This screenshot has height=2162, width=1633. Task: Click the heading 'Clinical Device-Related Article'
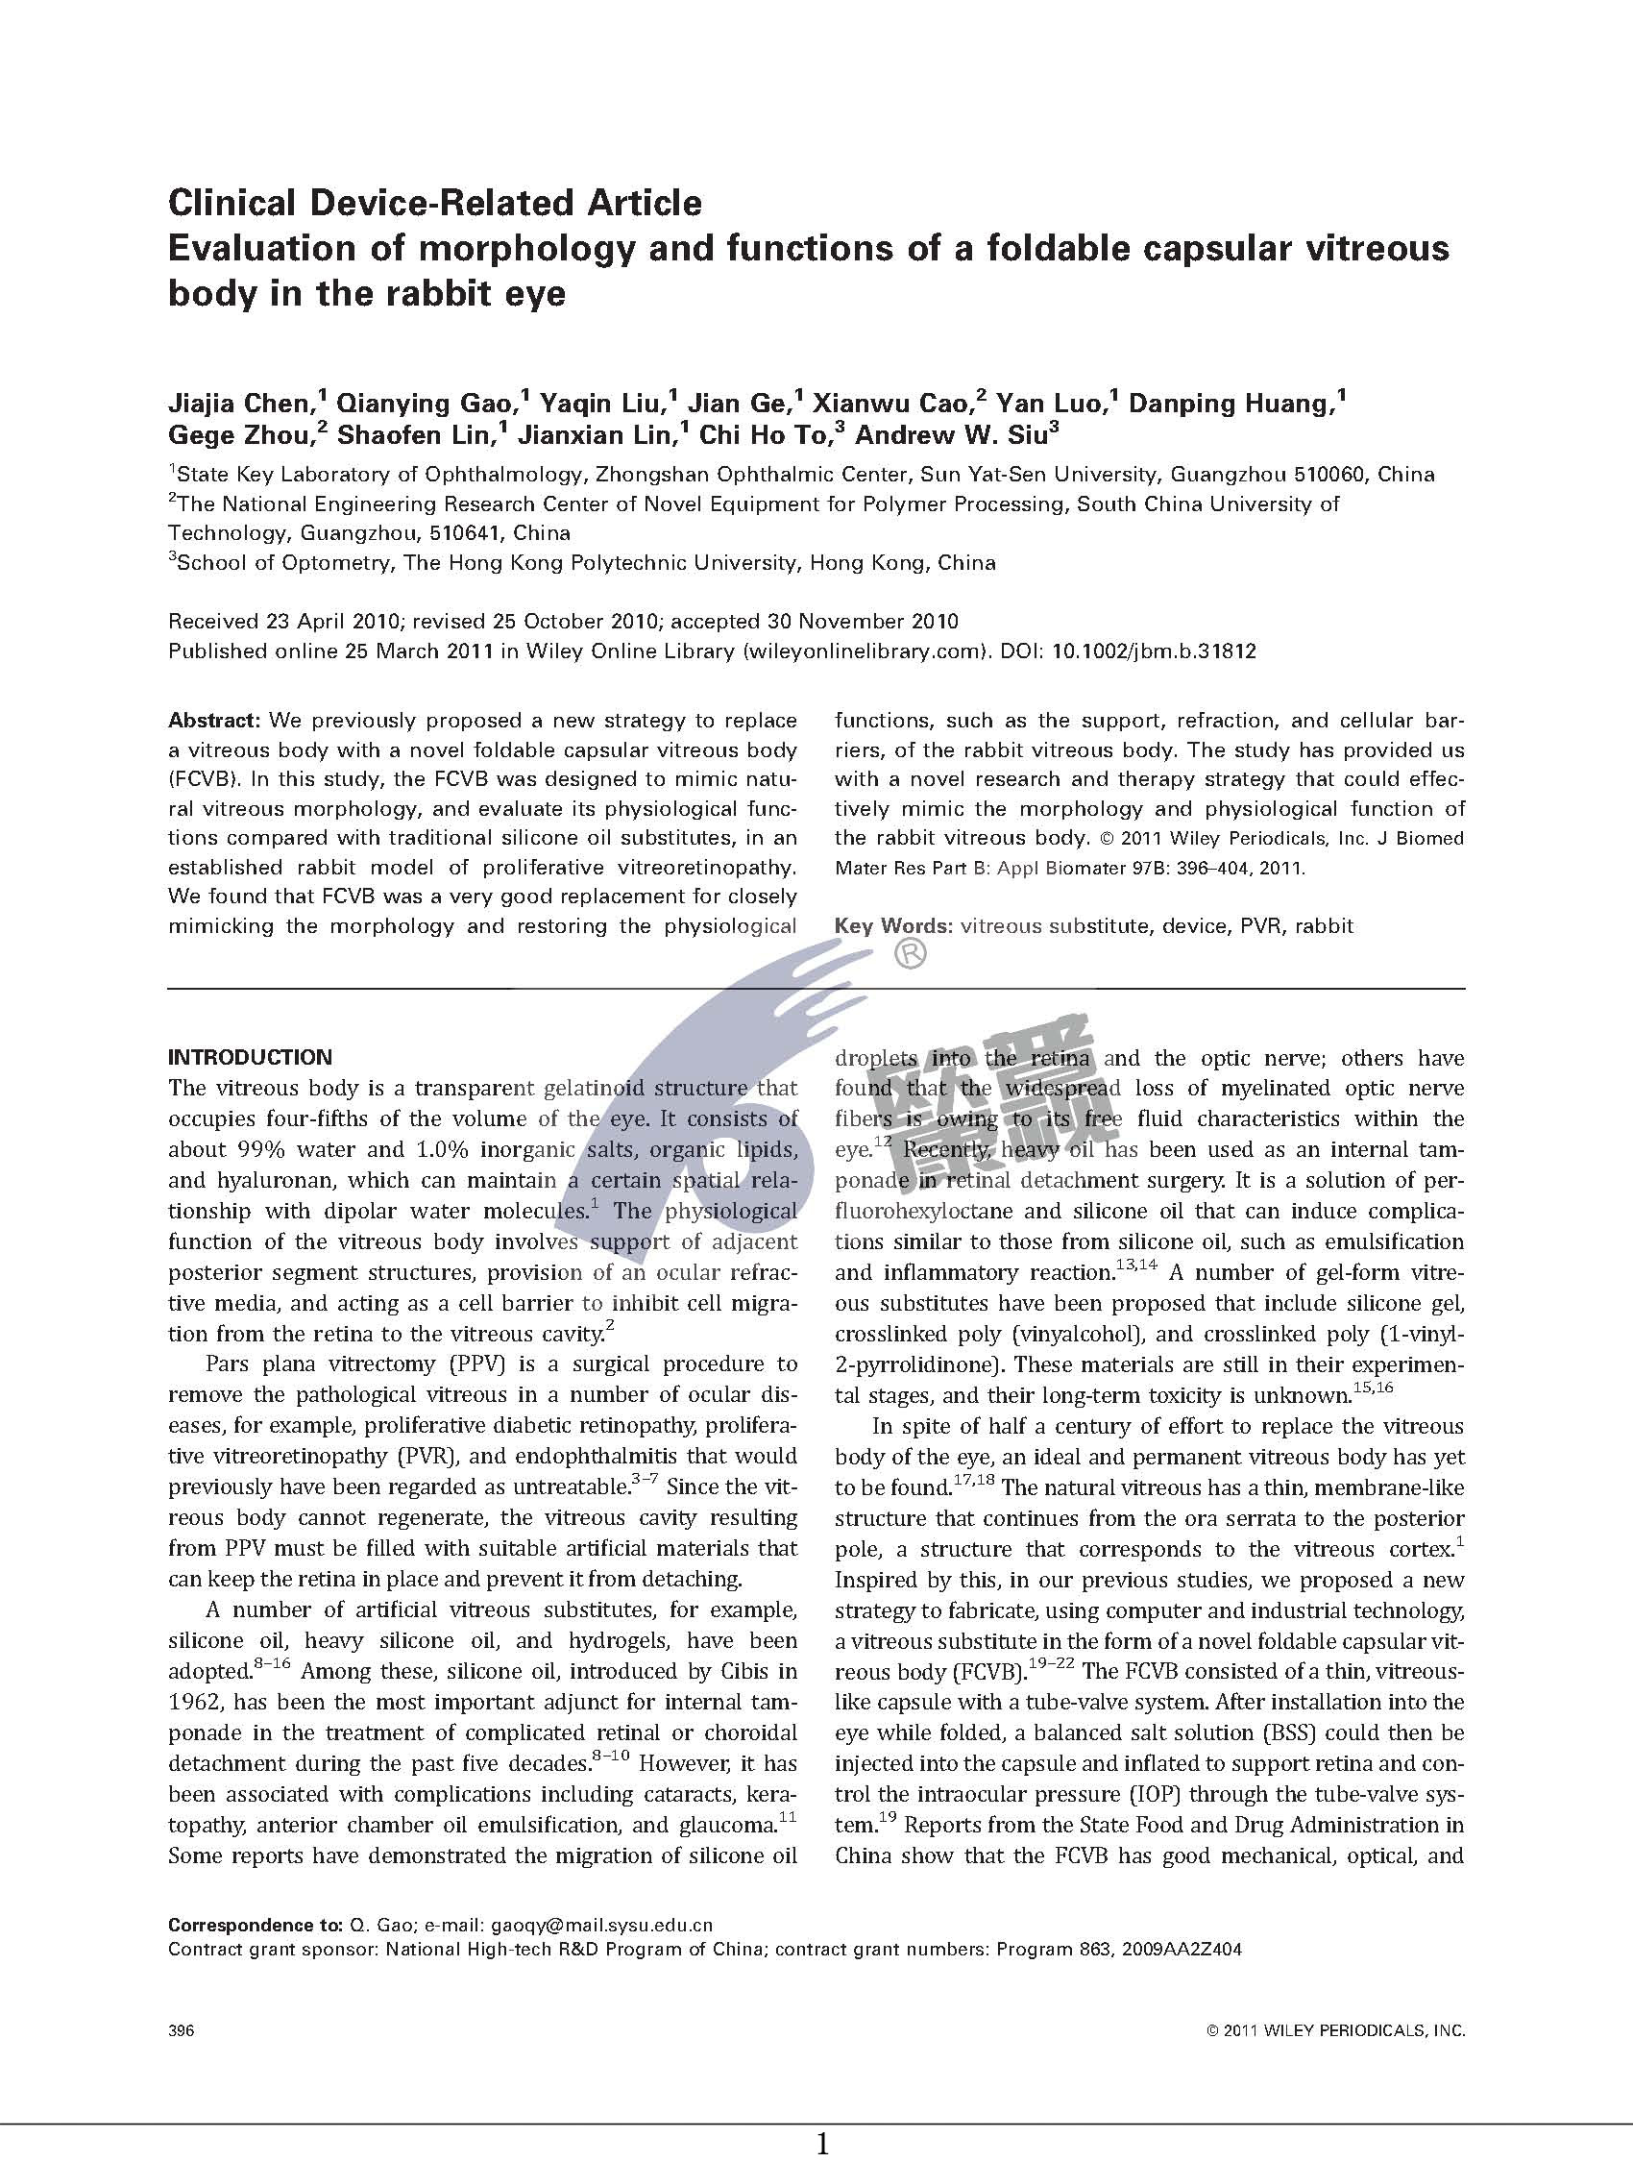[435, 204]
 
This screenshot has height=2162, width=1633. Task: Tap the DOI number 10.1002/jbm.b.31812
[1153, 651]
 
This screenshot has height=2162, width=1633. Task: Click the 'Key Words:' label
[893, 925]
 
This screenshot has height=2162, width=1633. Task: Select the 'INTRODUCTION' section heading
[250, 1058]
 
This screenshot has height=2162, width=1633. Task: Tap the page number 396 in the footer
[182, 2031]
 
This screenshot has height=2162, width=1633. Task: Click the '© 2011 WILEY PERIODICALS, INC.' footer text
[1336, 2031]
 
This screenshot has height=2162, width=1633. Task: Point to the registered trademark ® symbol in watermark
[910, 954]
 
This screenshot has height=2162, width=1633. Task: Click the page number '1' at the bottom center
[823, 2144]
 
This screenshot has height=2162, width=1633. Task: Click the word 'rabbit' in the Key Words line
[1325, 925]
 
